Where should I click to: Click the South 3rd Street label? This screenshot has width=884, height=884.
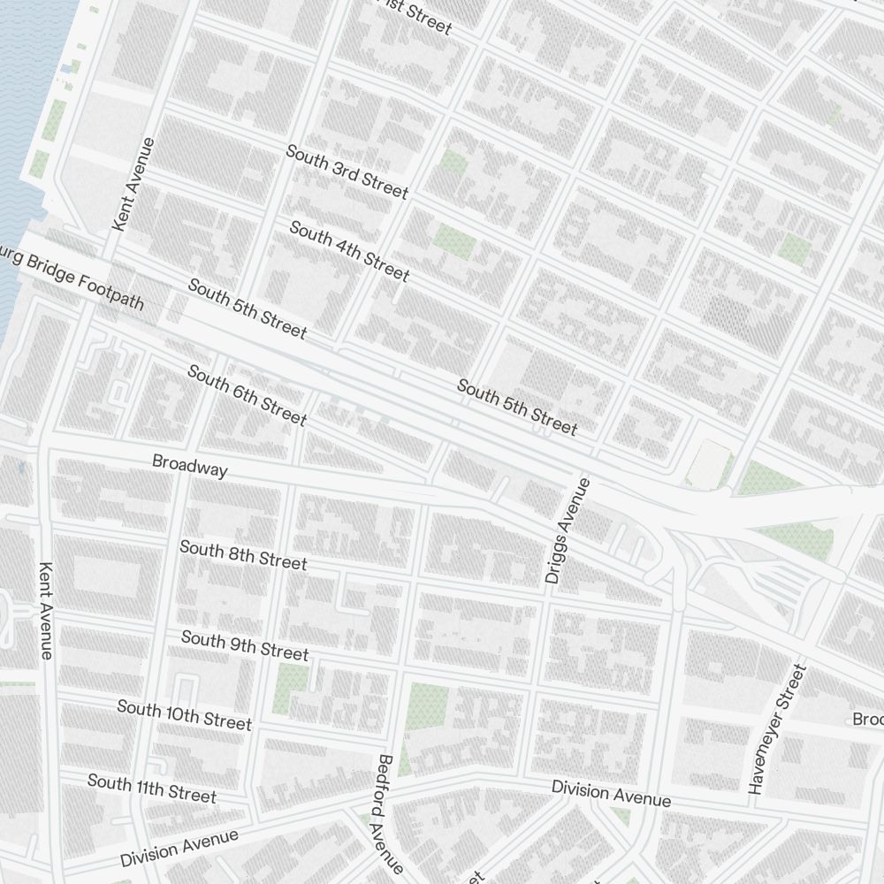[x=347, y=172]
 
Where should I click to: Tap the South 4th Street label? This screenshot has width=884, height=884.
[x=349, y=251]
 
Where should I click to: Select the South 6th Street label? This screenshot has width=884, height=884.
[x=247, y=394]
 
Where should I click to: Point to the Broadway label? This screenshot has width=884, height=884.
[x=189, y=466]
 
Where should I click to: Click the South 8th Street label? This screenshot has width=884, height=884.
[x=243, y=556]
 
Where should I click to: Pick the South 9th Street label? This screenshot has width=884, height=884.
[x=245, y=645]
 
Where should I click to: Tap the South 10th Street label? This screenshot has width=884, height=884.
[x=184, y=715]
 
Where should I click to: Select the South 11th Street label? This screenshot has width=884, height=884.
[x=151, y=788]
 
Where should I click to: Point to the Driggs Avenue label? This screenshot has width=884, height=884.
[x=567, y=531]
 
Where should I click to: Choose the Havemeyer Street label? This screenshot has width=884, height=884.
[x=777, y=729]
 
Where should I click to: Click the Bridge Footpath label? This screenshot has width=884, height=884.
[x=71, y=279]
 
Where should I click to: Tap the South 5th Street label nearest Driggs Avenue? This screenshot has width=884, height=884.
[x=516, y=408]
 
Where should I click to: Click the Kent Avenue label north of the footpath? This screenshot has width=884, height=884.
[x=134, y=185]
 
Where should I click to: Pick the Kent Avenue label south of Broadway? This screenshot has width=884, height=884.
[x=47, y=610]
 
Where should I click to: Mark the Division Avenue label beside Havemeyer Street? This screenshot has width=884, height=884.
[x=611, y=793]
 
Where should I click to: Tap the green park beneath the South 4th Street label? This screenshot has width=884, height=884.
[x=454, y=240]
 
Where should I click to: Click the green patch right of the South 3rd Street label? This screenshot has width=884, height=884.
[x=453, y=161]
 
